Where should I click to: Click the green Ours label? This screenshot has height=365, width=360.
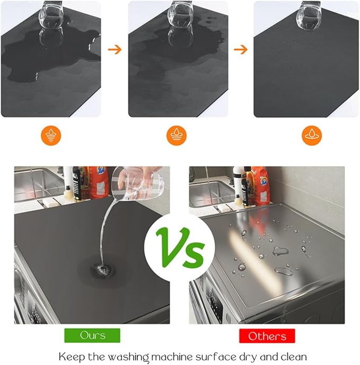coord(92,335)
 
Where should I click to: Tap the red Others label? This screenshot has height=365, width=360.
coord(267,336)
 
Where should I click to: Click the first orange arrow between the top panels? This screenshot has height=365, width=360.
coord(115,49)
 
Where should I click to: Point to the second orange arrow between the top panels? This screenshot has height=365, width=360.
coord(241,49)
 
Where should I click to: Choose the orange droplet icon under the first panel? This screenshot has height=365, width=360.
coord(51,135)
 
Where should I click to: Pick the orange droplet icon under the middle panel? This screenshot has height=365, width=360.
coord(177,135)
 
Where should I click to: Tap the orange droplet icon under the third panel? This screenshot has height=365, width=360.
coord(312,135)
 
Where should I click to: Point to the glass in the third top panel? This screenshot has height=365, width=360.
coord(309,15)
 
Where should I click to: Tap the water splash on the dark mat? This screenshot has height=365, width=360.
coord(101,270)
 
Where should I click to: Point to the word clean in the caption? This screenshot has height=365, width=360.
coord(293,357)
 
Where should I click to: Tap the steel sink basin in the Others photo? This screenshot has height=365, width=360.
coord(212,194)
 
